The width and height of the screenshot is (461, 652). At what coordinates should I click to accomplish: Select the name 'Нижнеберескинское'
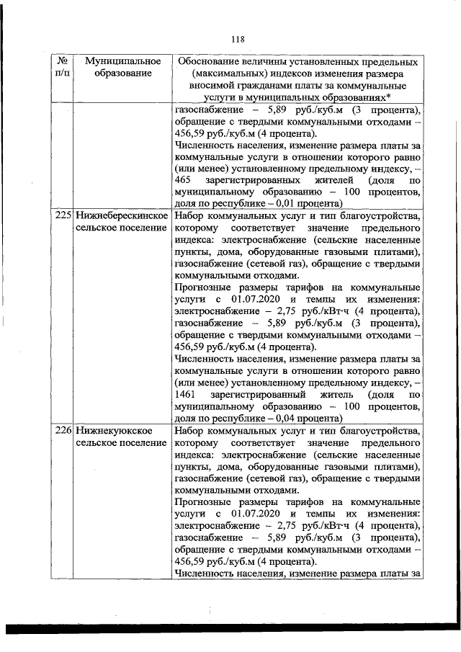point(122,215)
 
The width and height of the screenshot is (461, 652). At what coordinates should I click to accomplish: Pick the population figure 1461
point(186,395)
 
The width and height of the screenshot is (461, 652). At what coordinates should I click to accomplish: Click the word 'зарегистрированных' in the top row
point(254,179)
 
